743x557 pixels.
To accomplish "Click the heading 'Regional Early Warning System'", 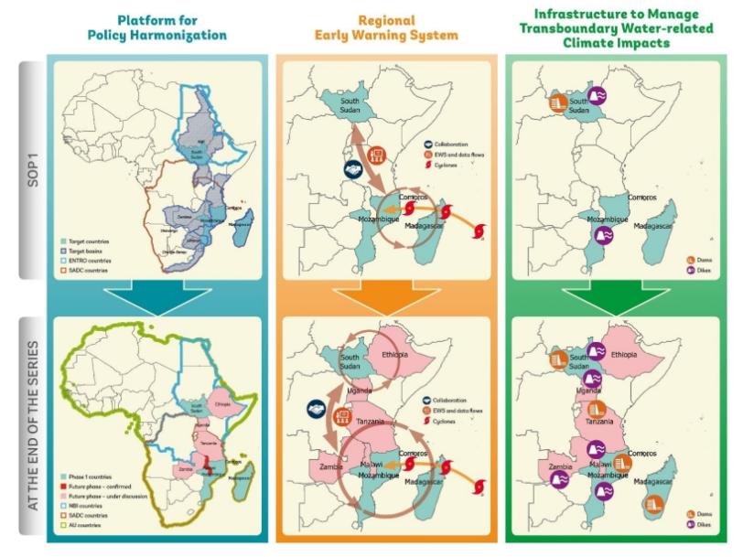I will (x=386, y=27).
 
